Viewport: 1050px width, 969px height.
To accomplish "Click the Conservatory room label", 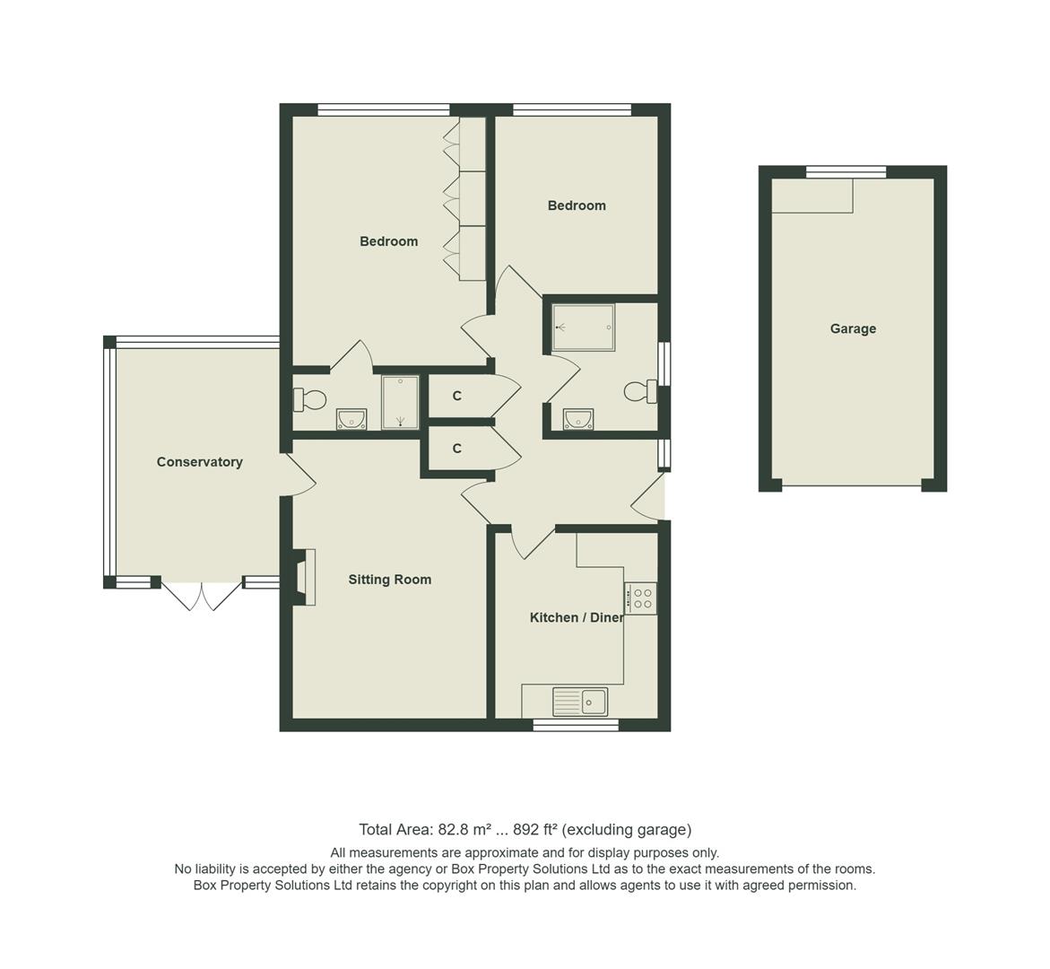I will (x=199, y=462).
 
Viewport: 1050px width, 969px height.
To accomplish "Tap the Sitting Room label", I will (x=389, y=580).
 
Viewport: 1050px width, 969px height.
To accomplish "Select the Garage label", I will (x=852, y=328).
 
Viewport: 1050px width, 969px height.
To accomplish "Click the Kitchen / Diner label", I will (x=576, y=617).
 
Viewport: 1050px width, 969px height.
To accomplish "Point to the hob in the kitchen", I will (x=641, y=598).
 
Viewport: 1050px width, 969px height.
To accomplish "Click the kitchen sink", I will (x=580, y=702).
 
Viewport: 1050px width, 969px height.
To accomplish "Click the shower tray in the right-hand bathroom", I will (x=584, y=327).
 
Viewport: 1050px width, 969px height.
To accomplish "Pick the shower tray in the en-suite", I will (x=400, y=402).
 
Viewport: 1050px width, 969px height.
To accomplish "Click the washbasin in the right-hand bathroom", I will (x=578, y=419).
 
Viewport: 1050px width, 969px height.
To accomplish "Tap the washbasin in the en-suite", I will (x=351, y=419).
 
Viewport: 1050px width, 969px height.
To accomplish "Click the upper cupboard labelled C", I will (x=457, y=396).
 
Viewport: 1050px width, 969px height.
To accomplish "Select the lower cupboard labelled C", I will (x=457, y=449).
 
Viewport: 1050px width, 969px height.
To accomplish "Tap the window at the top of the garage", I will (x=846, y=172).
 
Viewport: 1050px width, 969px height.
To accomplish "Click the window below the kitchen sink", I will (x=576, y=725).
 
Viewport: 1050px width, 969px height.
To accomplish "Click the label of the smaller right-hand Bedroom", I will (x=577, y=205).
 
